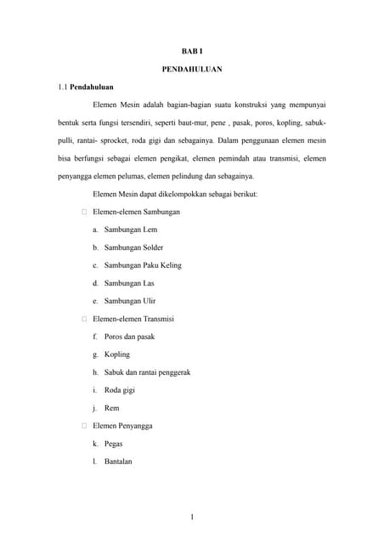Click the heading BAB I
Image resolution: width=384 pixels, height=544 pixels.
[x=192, y=52]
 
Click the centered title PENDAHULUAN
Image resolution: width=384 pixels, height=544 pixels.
[x=192, y=69]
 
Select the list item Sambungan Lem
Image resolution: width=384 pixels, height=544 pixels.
[x=130, y=229]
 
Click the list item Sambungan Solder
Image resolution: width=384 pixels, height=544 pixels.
[x=133, y=247]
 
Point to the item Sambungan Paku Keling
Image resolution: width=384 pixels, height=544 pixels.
[x=143, y=265]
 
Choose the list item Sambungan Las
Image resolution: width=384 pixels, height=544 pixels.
[x=129, y=283]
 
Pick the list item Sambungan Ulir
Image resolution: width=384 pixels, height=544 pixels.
[x=130, y=301]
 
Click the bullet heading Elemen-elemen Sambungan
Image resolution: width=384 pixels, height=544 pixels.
[x=136, y=212]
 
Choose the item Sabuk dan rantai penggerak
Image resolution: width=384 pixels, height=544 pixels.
[x=147, y=372]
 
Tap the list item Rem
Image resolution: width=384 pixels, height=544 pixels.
[x=111, y=408]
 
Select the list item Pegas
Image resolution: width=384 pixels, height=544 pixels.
[x=114, y=444]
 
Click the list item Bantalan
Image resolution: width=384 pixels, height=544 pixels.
[x=118, y=462]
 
